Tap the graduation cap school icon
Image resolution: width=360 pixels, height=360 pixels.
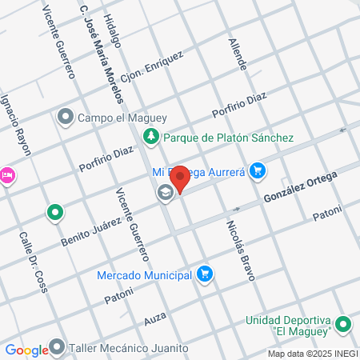coord(165,192)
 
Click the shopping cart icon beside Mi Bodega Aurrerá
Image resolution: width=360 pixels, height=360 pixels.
coord(257,170)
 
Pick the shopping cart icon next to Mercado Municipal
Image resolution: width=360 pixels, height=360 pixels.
coord(205,274)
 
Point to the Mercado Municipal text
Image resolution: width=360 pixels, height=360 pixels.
coord(144,275)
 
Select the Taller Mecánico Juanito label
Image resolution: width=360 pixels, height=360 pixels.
coord(128,348)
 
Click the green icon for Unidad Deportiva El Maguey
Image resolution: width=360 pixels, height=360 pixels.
coord(343,325)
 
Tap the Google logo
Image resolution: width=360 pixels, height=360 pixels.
coord(26,350)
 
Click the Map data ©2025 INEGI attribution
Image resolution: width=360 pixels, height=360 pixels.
coord(312,354)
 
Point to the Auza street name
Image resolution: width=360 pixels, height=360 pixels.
coord(155,319)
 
